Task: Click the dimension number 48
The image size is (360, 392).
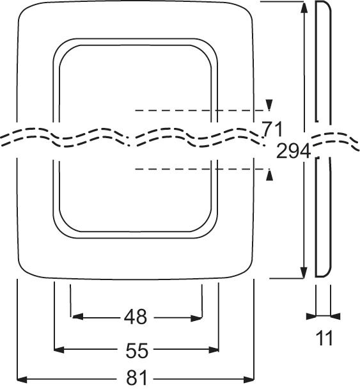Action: pos(136,317)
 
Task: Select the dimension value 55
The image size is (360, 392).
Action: pos(137,350)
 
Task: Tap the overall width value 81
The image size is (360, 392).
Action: pos(137,377)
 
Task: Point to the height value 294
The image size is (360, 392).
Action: pos(293,151)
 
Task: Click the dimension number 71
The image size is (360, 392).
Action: pos(272,129)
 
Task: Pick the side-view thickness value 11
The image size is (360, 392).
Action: pos(324,338)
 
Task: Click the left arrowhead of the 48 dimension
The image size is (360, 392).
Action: pos(77,317)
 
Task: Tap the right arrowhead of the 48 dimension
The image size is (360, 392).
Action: pos(196,318)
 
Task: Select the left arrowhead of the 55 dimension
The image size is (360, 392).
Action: pos(59,350)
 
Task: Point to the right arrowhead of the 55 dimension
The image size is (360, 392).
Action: pos(214,350)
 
